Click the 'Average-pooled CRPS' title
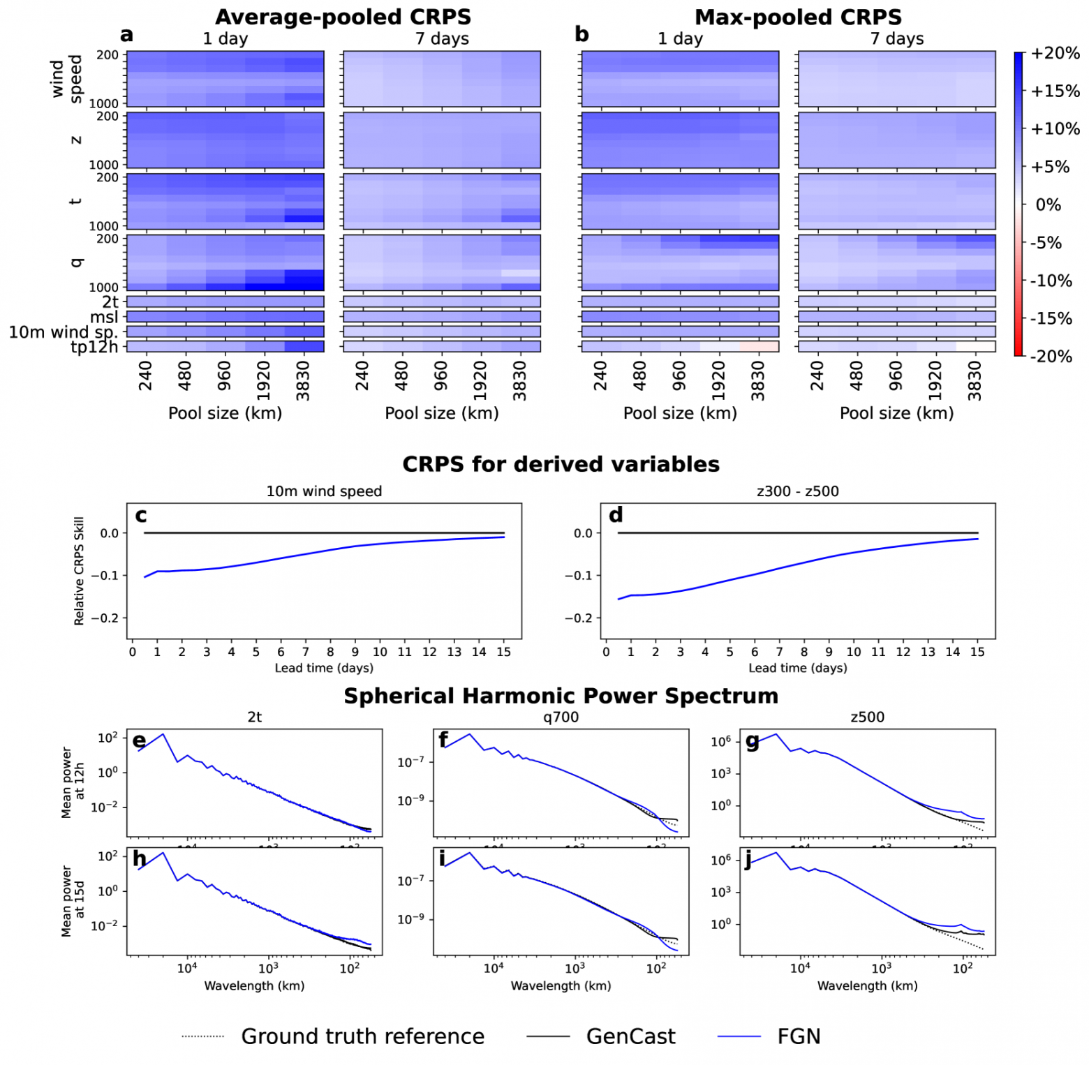(343, 17)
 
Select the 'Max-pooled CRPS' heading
(797, 17)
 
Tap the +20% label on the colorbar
(1055, 53)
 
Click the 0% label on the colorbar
(1048, 204)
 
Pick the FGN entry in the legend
(799, 1036)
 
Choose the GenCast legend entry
(630, 1036)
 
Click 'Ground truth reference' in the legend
(362, 1036)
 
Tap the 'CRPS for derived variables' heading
(561, 464)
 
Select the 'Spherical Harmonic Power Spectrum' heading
(561, 696)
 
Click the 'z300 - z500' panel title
(797, 491)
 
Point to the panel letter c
(141, 516)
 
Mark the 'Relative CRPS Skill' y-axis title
(79, 571)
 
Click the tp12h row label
(94, 347)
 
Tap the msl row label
(104, 317)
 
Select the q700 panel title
(561, 717)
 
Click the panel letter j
(748, 859)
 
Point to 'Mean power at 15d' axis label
(73, 901)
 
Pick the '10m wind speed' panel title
(324, 491)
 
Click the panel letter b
(581, 34)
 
